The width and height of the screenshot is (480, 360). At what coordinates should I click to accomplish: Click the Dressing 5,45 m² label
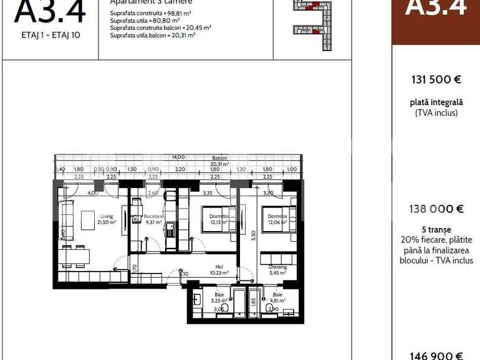277,270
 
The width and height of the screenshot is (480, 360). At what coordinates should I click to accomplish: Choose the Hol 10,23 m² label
219,270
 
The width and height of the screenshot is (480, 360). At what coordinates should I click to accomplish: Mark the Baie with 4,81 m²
277,297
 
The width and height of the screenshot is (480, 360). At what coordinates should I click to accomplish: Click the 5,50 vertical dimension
254,236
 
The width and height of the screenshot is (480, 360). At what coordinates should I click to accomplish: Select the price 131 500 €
436,80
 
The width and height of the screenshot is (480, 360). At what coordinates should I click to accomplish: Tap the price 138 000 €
436,210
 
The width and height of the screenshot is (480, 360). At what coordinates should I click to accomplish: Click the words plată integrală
436,102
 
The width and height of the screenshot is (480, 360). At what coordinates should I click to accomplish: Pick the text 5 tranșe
436,229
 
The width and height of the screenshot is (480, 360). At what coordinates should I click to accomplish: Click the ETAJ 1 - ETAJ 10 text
50,35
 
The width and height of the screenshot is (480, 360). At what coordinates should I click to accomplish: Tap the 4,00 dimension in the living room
92,193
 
